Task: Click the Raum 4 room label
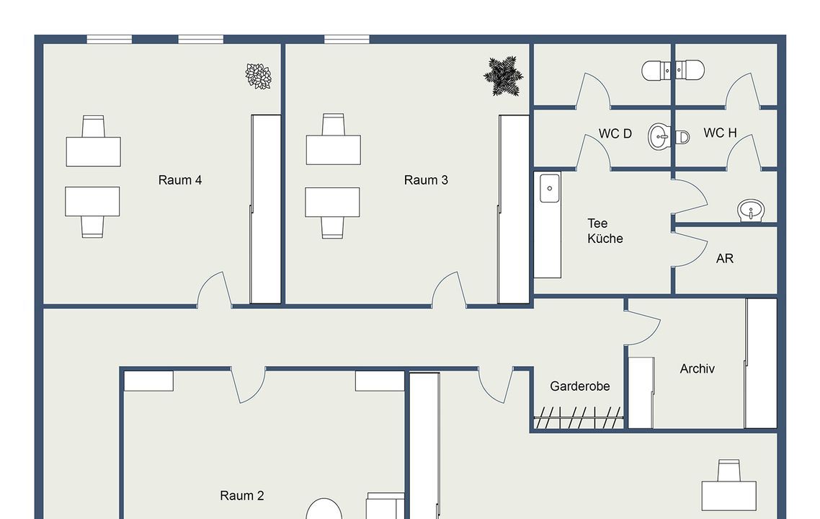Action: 180,180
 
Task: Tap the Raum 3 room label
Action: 426,180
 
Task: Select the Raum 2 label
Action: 241,495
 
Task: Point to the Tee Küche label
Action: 605,231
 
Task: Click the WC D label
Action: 615,133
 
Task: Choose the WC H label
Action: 720,133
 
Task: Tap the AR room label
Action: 725,259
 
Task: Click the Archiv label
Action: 697,369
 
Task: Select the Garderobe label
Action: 580,386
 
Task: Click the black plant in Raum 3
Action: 503,76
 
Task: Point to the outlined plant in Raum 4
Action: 259,76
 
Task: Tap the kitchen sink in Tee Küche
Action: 550,188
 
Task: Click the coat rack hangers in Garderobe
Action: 579,417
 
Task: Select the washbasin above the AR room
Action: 751,210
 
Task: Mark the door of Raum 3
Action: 449,289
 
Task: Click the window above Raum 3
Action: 347,39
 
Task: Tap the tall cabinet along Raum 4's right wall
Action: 266,209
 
